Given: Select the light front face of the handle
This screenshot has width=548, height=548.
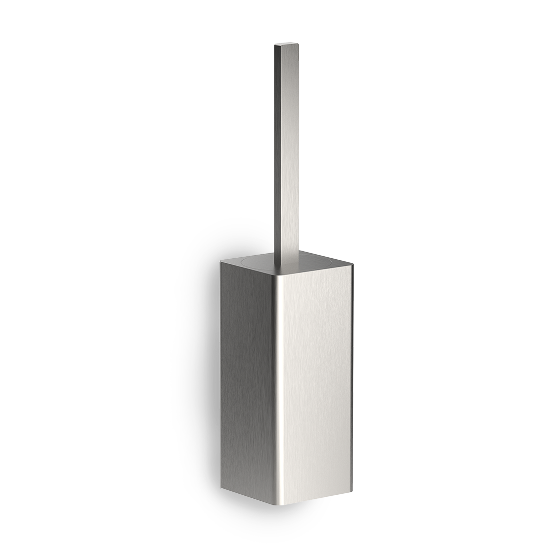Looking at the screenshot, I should [x=288, y=152].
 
